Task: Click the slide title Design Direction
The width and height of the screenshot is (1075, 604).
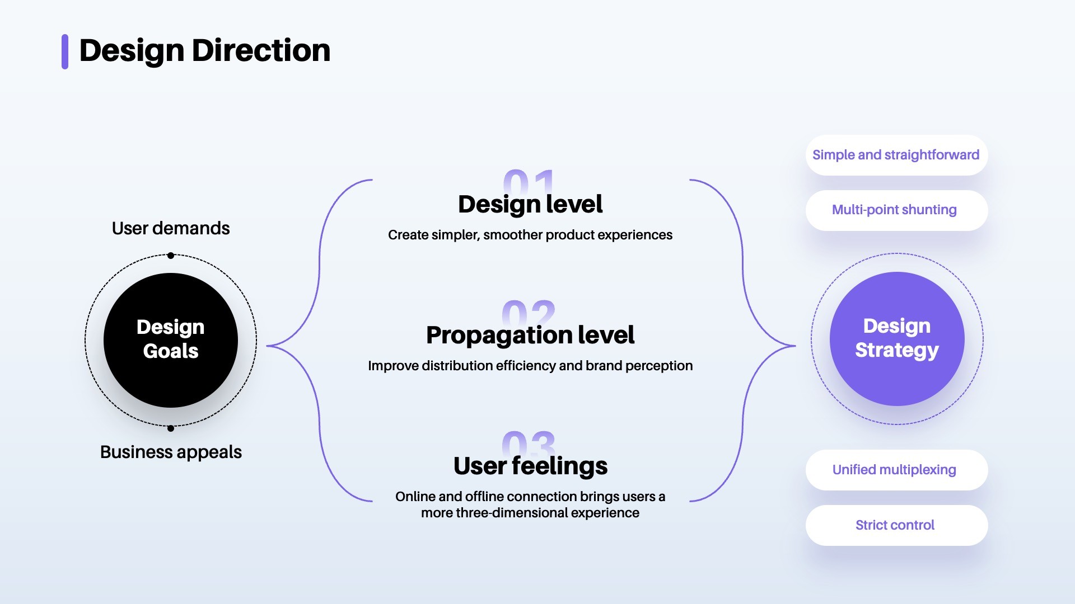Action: (x=205, y=51)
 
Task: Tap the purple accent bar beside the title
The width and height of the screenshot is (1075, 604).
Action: (x=65, y=51)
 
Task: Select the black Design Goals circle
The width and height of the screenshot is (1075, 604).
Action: (x=171, y=340)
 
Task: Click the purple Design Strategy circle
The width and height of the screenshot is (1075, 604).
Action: (x=897, y=339)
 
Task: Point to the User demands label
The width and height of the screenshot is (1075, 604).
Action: (x=171, y=228)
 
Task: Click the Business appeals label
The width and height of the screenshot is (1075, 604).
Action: (x=171, y=452)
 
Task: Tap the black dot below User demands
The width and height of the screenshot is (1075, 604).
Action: (x=171, y=256)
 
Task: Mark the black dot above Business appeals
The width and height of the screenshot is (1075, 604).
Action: (x=171, y=428)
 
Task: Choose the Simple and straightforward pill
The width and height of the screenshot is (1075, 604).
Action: (x=896, y=155)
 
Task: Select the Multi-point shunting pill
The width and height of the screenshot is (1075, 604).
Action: (x=896, y=210)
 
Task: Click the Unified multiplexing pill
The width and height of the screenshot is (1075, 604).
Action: (x=896, y=470)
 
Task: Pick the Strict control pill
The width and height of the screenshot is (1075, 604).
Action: (x=896, y=525)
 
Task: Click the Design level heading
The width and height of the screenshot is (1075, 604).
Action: (x=530, y=204)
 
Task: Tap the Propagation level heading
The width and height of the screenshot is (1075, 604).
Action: (x=530, y=335)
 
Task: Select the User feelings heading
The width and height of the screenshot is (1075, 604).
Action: (x=530, y=466)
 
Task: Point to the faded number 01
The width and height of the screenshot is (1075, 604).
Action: (x=529, y=181)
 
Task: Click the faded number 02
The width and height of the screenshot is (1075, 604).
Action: (x=529, y=312)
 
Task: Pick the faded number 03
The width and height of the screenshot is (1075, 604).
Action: (x=529, y=442)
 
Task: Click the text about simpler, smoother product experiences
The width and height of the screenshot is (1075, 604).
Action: (x=530, y=235)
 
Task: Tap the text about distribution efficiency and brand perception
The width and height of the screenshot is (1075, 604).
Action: (x=530, y=366)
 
